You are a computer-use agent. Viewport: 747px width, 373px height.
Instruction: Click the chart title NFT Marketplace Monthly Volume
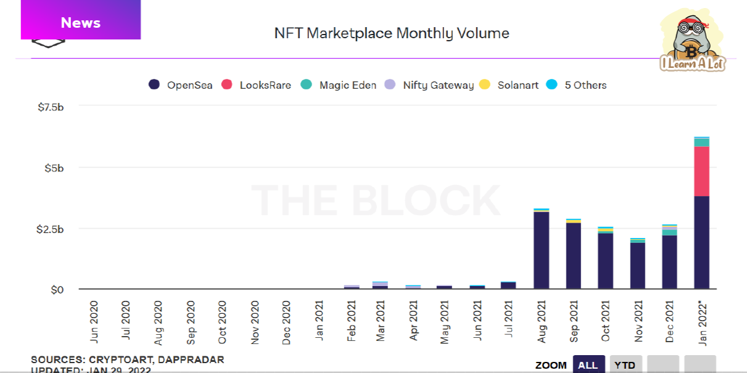[x=392, y=33]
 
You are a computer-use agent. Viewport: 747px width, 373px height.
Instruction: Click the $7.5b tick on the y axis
[x=51, y=107]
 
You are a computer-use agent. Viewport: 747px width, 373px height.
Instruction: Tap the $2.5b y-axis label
[x=51, y=229]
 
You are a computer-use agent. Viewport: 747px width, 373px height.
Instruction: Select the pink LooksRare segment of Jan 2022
[x=701, y=171]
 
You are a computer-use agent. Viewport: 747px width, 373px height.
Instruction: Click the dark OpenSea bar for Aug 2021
[x=542, y=250]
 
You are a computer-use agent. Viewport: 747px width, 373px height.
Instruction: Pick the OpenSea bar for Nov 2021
[x=637, y=265]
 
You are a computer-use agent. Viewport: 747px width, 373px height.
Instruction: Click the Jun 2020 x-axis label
[x=94, y=321]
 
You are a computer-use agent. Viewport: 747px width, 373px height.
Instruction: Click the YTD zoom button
[x=625, y=364]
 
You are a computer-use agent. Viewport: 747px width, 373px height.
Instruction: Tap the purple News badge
[x=81, y=23]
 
